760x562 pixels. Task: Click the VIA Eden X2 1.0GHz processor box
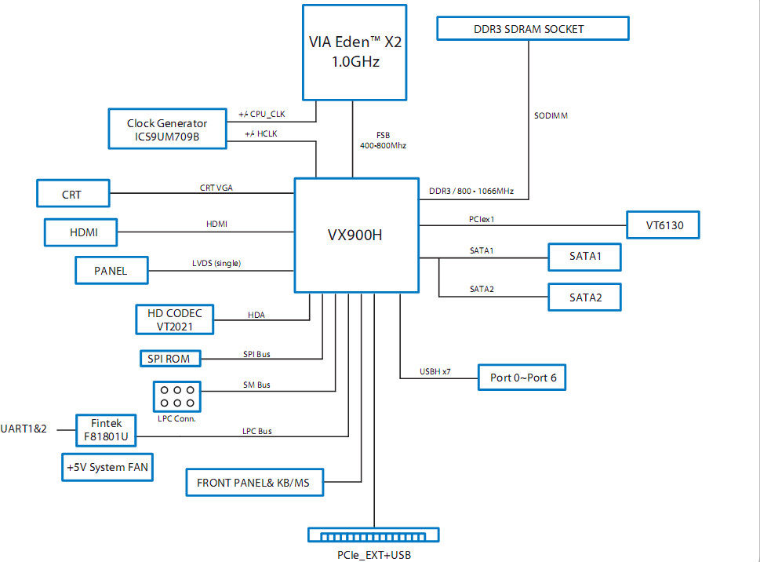pyautogui.click(x=355, y=53)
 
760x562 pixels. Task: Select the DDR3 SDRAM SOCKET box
pyautogui.click(x=533, y=28)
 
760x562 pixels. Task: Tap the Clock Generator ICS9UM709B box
pyautogui.click(x=167, y=129)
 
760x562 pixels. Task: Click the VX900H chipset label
pyautogui.click(x=355, y=235)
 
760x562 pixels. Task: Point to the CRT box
pyautogui.click(x=73, y=193)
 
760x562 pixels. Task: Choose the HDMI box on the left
pyautogui.click(x=81, y=232)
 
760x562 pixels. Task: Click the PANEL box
pyautogui.click(x=111, y=270)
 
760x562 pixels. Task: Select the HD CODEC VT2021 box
pyautogui.click(x=174, y=319)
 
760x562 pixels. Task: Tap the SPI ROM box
pyautogui.click(x=170, y=359)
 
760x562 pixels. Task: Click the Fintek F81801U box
pyautogui.click(x=106, y=430)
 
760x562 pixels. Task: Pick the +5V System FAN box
pyautogui.click(x=107, y=468)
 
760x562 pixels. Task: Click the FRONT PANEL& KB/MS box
pyautogui.click(x=254, y=483)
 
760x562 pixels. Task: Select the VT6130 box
pyautogui.click(x=663, y=225)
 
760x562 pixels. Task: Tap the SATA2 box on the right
pyautogui.click(x=584, y=297)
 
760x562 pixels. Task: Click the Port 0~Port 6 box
pyautogui.click(x=522, y=378)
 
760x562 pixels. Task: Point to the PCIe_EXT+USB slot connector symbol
pyautogui.click(x=373, y=535)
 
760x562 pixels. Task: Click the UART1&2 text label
pyautogui.click(x=24, y=429)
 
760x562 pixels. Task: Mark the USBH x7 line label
pyautogui.click(x=435, y=371)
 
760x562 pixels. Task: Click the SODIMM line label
pyautogui.click(x=551, y=115)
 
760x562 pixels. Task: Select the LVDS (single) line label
pyautogui.click(x=216, y=263)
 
